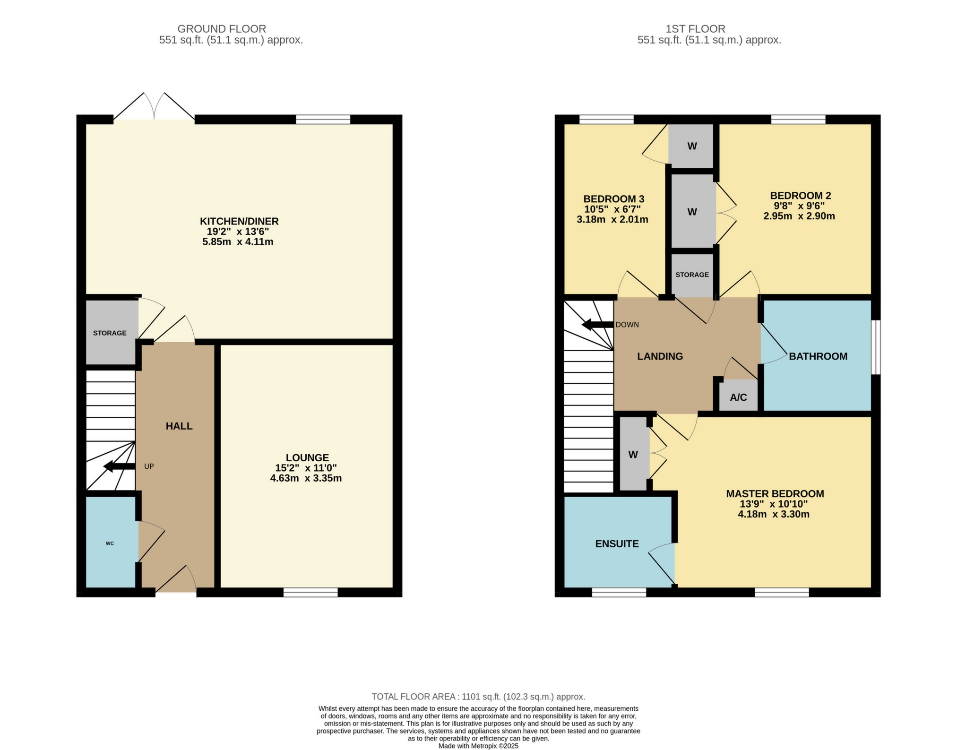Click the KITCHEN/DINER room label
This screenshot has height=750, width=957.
pyautogui.click(x=239, y=221)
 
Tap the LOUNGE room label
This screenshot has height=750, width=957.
pyautogui.click(x=307, y=457)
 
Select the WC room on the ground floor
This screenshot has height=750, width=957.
pyautogui.click(x=110, y=543)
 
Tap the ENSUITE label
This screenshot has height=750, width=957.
pyautogui.click(x=617, y=544)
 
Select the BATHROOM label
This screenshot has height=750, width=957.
pyautogui.click(x=818, y=356)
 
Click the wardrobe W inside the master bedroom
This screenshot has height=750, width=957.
pyautogui.click(x=633, y=455)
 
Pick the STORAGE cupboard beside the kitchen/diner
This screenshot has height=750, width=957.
pyautogui.click(x=110, y=333)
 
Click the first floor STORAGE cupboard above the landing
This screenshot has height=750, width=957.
pyautogui.click(x=692, y=275)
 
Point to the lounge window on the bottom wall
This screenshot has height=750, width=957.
pyautogui.click(x=310, y=592)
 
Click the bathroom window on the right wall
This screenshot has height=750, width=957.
pyautogui.click(x=876, y=347)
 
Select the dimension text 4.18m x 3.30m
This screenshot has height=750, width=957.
pyautogui.click(x=774, y=514)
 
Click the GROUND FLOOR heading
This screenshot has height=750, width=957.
pyautogui.click(x=222, y=29)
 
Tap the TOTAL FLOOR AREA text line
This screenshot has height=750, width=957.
pyautogui.click(x=478, y=697)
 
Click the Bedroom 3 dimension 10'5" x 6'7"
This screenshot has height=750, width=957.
pyautogui.click(x=612, y=209)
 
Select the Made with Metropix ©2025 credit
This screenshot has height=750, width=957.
pyautogui.click(x=478, y=746)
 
